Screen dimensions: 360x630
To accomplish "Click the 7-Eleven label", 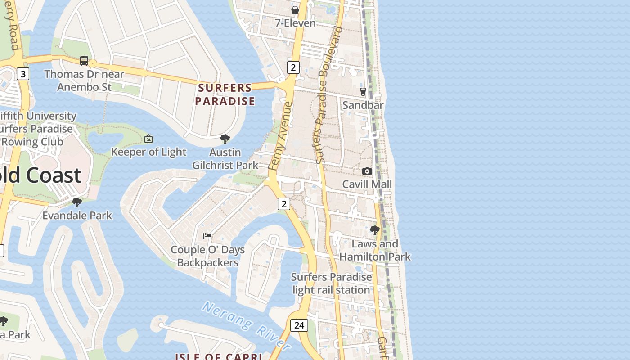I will [295, 23].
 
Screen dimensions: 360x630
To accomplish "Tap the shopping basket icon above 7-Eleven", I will [295, 10].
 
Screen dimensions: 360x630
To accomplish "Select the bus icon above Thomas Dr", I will [84, 61].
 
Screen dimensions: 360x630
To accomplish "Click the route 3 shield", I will [23, 73].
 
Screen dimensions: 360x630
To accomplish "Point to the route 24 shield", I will [299, 325].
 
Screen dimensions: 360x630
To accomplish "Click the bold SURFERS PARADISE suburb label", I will [225, 94].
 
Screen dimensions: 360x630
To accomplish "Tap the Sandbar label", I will [363, 105].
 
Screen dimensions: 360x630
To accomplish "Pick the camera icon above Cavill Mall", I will [367, 171].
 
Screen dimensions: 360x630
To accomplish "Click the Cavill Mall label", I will [367, 184].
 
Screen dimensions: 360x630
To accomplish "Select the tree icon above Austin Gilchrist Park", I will [225, 139].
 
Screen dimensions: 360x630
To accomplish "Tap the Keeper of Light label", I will [148, 152].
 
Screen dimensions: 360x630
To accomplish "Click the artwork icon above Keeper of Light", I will [148, 139].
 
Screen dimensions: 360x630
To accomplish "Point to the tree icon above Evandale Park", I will [77, 202].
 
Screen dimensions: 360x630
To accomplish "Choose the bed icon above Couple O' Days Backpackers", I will [207, 236].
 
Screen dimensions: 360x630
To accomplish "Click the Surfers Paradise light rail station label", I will [332, 283].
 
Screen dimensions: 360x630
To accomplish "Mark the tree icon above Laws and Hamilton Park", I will [374, 230].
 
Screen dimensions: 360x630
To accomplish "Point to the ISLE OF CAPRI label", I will [219, 356].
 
